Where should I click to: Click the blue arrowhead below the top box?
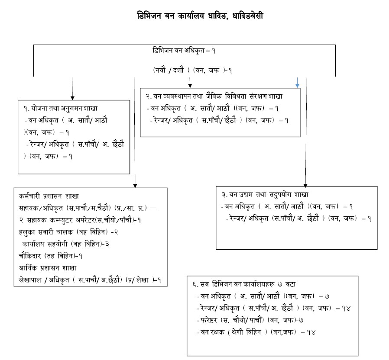point(297,86)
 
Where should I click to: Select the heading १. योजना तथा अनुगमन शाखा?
point(61,108)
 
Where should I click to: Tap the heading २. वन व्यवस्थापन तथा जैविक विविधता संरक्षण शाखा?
point(214,96)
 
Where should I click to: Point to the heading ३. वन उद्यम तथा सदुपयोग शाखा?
point(265,194)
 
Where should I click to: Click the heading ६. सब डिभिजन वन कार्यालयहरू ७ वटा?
point(244,284)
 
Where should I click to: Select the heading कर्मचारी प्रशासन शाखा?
point(49,196)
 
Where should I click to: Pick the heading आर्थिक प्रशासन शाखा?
point(48,268)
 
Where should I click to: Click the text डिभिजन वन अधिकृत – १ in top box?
point(184,51)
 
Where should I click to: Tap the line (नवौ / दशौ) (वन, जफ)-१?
point(192,71)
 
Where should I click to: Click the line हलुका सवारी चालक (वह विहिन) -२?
point(68,232)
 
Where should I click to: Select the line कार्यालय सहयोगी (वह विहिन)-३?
point(65,244)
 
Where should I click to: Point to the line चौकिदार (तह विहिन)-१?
point(50,256)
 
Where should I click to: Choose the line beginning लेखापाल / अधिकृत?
point(90,280)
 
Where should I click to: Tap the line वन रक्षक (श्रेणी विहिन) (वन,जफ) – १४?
point(256,332)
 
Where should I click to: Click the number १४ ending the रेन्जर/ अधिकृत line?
point(346,308)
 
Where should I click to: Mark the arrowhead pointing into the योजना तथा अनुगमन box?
point(72,98)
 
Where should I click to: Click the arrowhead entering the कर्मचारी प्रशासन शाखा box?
point(135,186)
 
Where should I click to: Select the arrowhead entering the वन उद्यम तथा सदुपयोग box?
point(305,186)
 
